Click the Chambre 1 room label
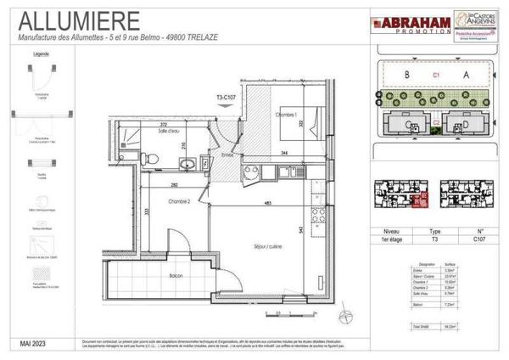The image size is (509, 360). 286,114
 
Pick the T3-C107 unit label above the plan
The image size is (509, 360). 229,98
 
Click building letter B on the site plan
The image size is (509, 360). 406,75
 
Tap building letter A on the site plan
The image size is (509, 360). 464,75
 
